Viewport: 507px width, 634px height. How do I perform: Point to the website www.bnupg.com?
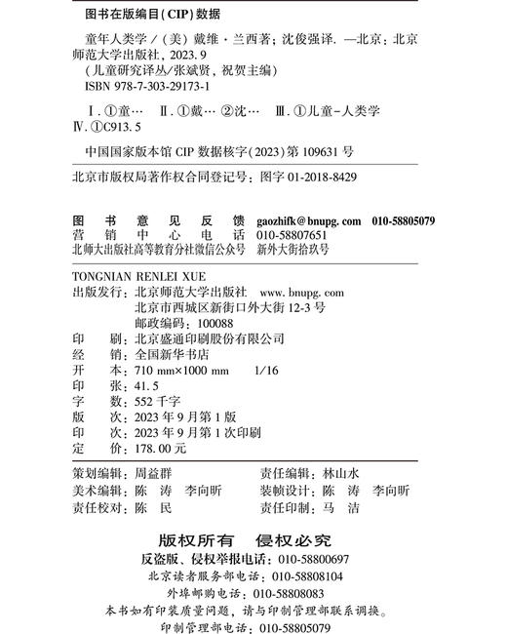[302, 292]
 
